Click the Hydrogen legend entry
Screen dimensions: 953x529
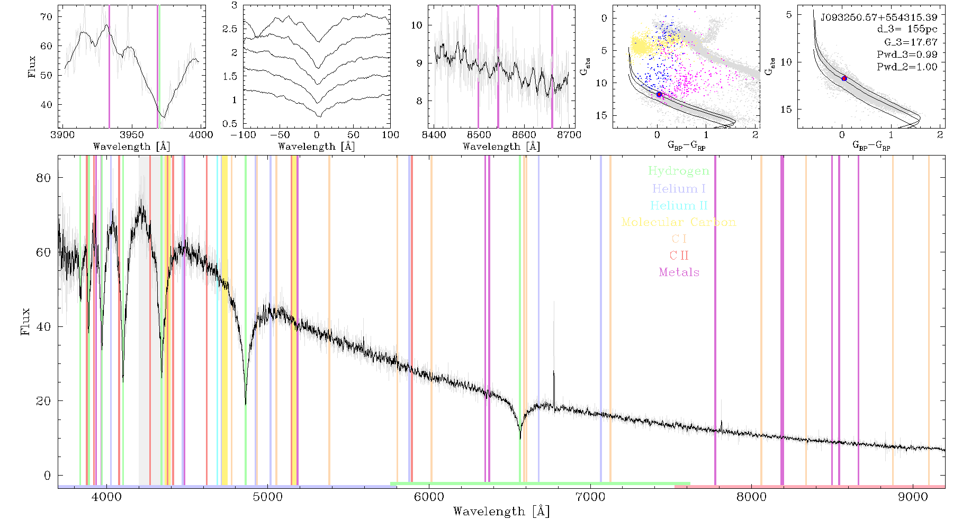pos(679,171)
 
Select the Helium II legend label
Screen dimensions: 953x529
pos(679,205)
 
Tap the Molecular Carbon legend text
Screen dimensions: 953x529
pos(679,222)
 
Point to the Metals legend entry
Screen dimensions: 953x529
pos(679,272)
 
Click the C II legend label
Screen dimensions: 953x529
pos(679,256)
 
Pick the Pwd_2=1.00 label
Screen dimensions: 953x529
pos(907,67)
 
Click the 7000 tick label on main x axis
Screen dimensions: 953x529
pos(590,497)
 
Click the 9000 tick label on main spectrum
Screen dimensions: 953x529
pos(913,497)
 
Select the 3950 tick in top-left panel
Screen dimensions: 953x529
pos(132,134)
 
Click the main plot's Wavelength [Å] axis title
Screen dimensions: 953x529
pos(501,512)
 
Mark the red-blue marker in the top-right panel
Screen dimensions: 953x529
pos(844,78)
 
